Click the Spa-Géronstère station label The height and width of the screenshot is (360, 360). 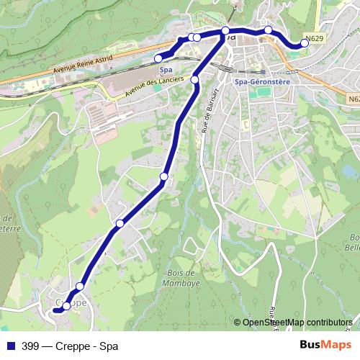point(261,82)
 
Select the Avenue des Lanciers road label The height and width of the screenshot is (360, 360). point(154,85)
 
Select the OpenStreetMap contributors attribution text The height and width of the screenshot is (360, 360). point(296,323)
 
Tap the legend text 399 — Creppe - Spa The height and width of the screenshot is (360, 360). point(70,345)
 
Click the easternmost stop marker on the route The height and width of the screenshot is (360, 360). point(305,43)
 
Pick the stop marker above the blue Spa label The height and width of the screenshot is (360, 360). point(158,59)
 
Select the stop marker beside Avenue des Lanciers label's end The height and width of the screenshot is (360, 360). point(194,79)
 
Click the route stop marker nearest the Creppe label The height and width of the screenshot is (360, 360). point(66,306)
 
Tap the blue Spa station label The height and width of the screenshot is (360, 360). point(166,69)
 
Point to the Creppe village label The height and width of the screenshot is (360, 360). point(71,303)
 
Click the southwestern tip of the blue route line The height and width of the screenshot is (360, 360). point(55,310)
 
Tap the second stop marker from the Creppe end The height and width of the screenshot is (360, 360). point(80,287)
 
